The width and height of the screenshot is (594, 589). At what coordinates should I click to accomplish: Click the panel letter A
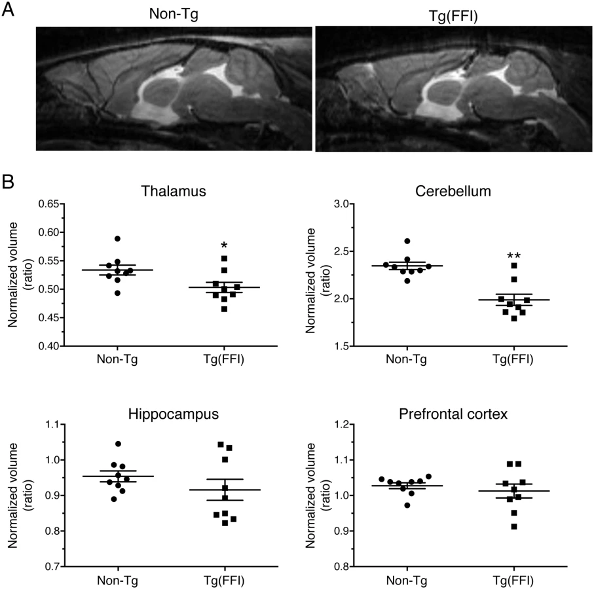(x=8, y=9)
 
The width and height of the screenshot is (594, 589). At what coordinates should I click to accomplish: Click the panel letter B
(x=8, y=182)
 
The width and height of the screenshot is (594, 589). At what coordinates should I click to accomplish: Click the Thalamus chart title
(x=174, y=191)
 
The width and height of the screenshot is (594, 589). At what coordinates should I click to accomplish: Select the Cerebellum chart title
(x=453, y=191)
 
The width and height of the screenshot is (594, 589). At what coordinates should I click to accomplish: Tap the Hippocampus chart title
(x=174, y=414)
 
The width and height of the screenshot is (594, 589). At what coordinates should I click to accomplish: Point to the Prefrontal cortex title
(x=453, y=414)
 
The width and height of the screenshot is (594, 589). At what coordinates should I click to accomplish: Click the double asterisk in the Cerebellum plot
(x=513, y=255)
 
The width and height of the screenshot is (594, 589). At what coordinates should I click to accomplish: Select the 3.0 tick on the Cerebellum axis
(x=341, y=204)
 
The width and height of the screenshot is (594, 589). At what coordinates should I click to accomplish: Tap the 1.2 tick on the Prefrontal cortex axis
(x=341, y=424)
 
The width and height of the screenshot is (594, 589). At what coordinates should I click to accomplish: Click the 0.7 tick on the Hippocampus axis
(x=52, y=566)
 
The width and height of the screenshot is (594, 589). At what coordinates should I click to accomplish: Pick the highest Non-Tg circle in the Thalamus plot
(x=117, y=238)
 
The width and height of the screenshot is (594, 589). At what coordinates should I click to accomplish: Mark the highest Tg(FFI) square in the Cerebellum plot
(x=514, y=266)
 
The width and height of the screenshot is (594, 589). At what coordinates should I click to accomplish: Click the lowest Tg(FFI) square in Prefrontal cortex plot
(x=514, y=527)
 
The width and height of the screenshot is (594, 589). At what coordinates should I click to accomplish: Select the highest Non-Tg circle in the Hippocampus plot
(x=118, y=444)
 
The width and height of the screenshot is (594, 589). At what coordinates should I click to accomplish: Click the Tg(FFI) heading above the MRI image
(x=453, y=16)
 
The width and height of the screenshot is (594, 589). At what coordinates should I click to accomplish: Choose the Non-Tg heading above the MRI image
(x=174, y=14)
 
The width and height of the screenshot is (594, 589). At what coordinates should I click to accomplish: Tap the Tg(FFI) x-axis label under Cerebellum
(x=513, y=359)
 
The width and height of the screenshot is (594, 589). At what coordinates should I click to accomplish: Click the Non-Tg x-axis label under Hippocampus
(x=117, y=580)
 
